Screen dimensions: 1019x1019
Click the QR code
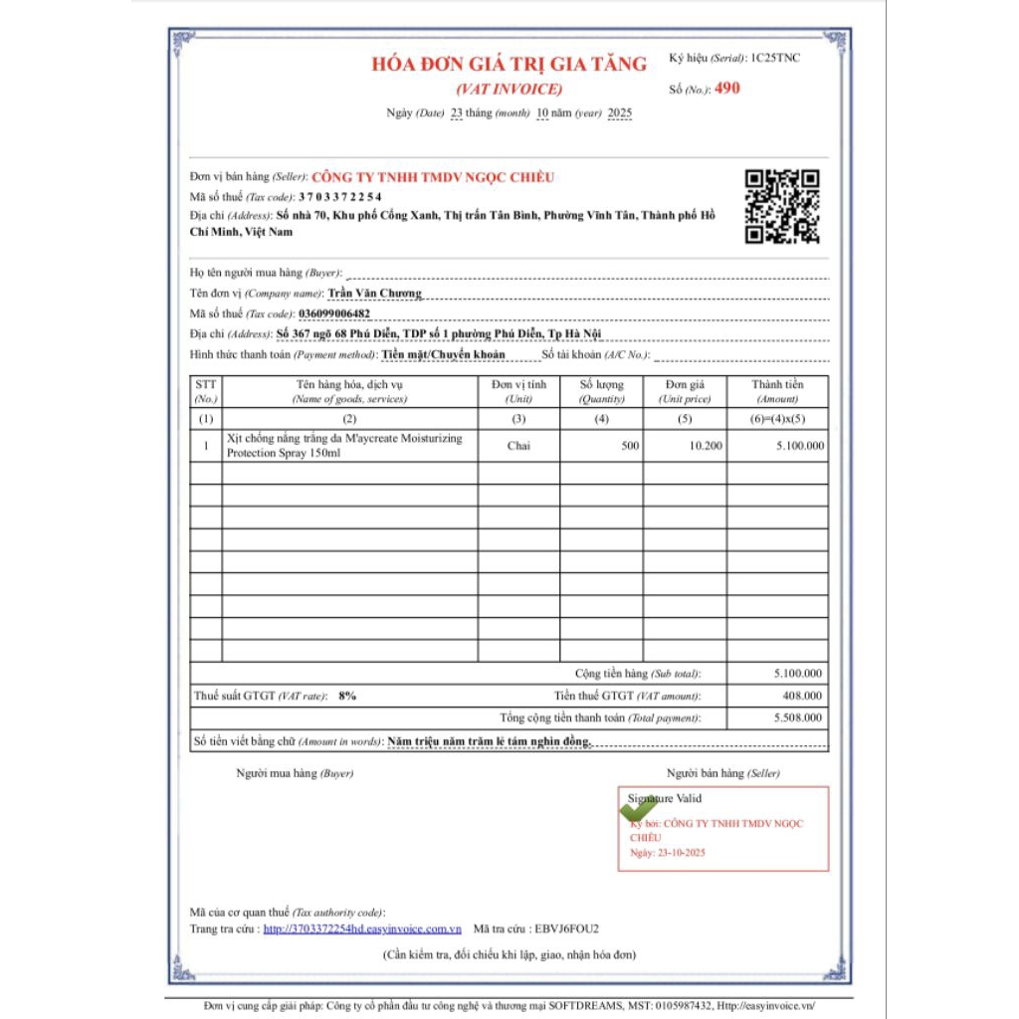782,206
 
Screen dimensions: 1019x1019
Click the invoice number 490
727,88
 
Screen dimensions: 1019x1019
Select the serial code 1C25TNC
775,58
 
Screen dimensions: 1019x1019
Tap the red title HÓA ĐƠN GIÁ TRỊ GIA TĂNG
509,64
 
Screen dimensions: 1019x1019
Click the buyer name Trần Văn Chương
374,293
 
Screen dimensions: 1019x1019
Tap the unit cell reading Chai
518,446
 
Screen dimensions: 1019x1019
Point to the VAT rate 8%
347,696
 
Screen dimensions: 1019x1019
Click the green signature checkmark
637,809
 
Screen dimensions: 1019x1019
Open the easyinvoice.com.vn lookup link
362,928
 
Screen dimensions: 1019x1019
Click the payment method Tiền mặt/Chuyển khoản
443,353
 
